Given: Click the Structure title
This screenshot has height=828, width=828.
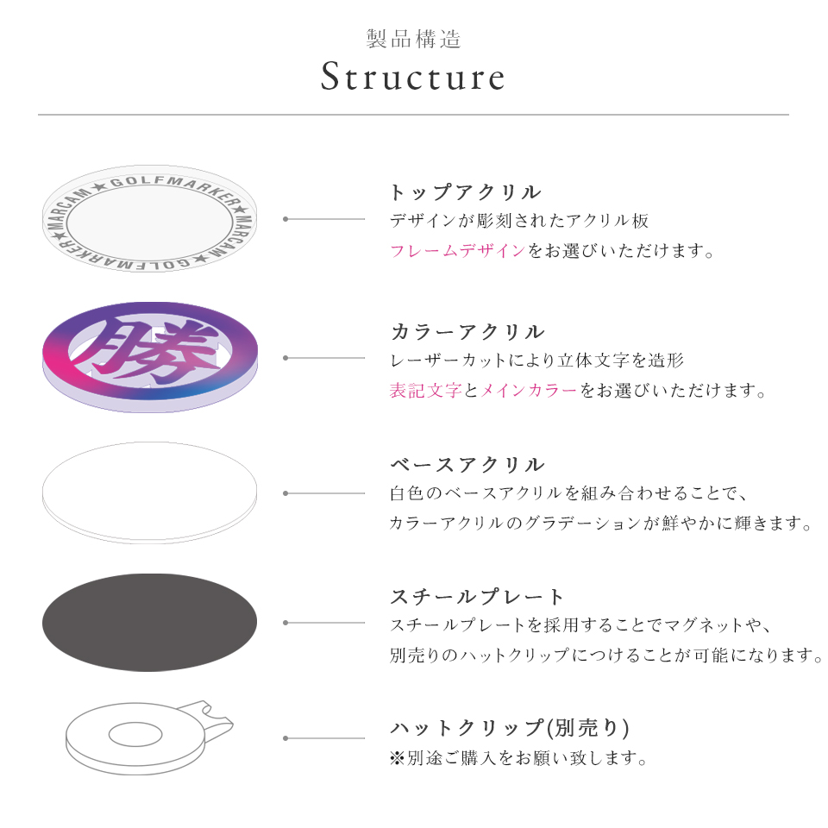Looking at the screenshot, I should click(413, 78).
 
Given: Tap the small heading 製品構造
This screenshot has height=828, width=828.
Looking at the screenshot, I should click(413, 39).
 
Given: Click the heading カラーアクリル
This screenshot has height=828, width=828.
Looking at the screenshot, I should click(467, 332).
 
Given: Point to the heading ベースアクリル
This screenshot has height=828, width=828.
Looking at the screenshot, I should click(467, 466).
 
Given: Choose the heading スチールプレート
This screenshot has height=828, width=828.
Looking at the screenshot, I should click(478, 597).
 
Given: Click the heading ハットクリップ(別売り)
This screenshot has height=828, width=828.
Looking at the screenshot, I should click(510, 729).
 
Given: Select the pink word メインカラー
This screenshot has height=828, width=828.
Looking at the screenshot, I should click(528, 391).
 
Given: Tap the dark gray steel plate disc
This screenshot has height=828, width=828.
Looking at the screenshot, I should click(149, 623).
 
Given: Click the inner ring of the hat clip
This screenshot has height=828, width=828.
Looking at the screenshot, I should click(135, 735).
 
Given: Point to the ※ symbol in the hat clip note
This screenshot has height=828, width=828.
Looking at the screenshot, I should click(397, 759).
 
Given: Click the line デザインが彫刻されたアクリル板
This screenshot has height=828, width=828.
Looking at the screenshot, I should click(518, 221).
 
